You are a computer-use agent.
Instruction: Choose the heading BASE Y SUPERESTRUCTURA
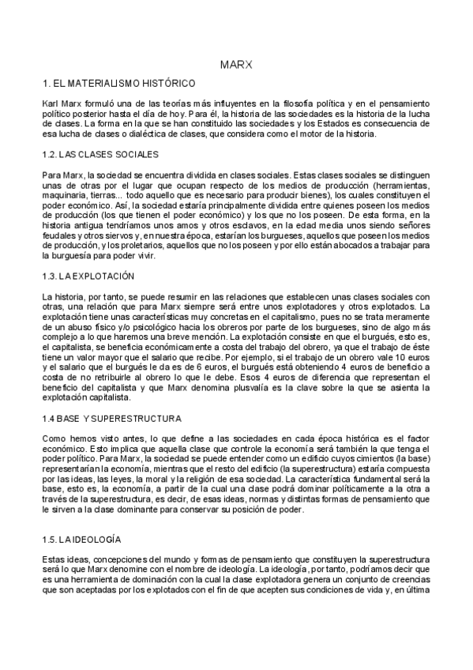point(118,417)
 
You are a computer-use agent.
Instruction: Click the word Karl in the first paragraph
point(51,104)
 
